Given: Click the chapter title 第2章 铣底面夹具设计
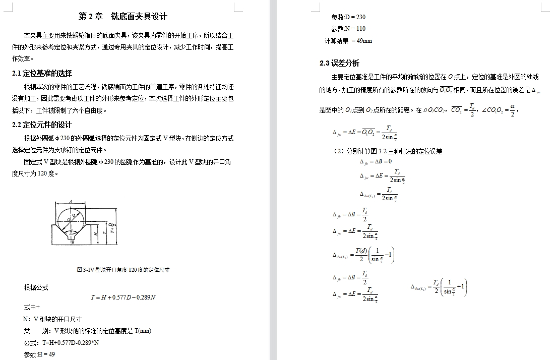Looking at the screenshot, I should point(122,16).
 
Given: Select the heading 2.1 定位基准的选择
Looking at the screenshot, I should point(42,74).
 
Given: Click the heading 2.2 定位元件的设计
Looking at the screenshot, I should point(42,125).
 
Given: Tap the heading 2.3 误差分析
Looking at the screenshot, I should point(339,64).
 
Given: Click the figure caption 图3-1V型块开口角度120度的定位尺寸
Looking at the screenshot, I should point(123,270).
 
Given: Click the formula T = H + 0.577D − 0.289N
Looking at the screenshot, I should point(123,297).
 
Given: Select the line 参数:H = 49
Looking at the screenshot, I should point(39,354).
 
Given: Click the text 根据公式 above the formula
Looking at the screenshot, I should point(36,287).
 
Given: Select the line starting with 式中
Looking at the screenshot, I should point(32,307).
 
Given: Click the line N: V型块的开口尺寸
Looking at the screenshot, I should point(52,319).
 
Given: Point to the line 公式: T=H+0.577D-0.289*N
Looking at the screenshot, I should point(61,343).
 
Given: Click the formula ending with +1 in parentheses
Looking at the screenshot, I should point(439,287).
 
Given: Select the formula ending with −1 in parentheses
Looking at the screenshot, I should point(363,256).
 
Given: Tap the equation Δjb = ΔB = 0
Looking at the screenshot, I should point(376,162).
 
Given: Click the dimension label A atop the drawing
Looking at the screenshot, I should point(71,201).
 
